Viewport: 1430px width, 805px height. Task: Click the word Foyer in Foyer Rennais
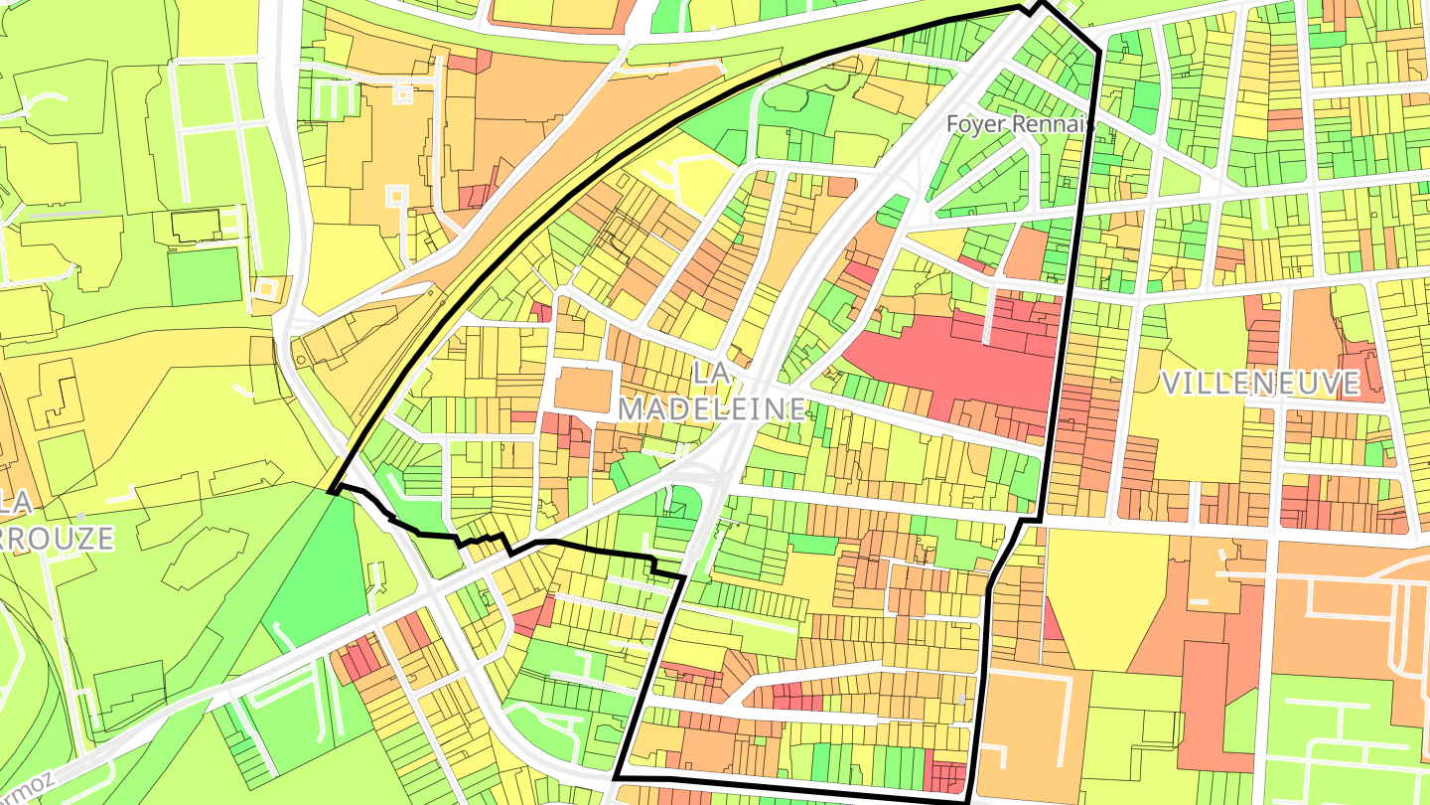pos(977,125)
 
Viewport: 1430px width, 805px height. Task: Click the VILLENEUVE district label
pos(1259,384)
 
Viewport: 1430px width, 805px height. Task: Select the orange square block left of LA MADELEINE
pos(582,389)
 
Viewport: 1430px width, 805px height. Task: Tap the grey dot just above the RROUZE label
pos(80,516)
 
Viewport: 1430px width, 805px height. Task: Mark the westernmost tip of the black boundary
pos(330,491)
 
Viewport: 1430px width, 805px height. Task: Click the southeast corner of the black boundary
pos(966,798)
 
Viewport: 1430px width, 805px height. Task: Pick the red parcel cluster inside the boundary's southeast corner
pos(944,775)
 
